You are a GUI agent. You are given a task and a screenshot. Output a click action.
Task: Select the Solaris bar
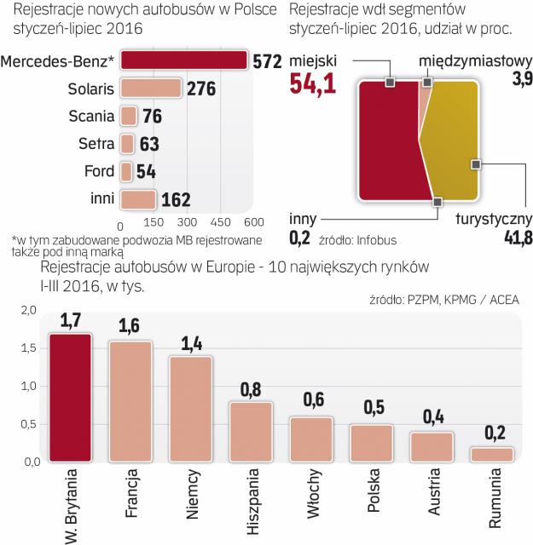(x=152, y=89)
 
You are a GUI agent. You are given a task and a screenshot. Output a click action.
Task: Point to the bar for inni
(x=138, y=200)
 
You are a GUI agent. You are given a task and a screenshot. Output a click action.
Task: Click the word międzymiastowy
(x=476, y=61)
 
